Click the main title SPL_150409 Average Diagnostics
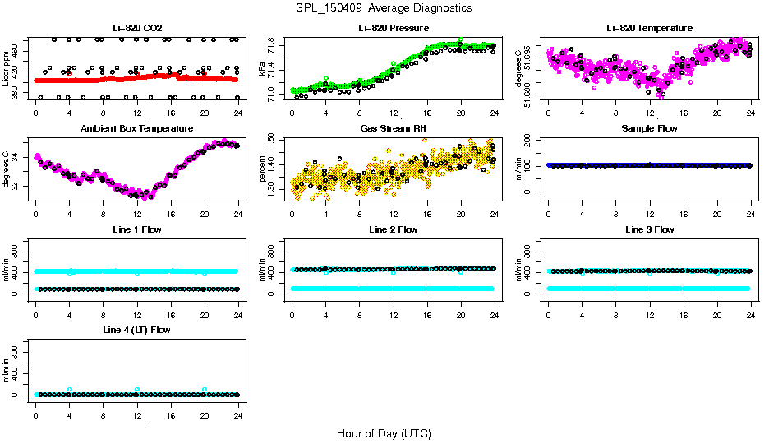click(x=384, y=7)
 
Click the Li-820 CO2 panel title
click(x=136, y=29)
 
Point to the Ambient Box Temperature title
click(x=136, y=129)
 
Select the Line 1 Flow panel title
click(x=136, y=229)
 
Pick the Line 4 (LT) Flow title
click(x=136, y=330)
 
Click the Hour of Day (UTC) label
click(x=384, y=433)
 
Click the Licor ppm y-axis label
click(x=7, y=69)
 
